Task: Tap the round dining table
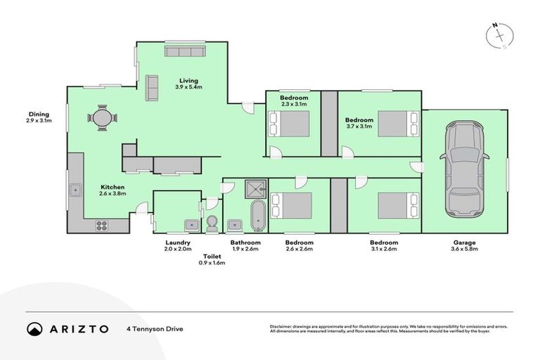tap(103, 117)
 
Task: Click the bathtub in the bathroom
tap(257, 216)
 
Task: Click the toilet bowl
tap(212, 223)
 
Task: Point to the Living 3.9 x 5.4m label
tap(188, 84)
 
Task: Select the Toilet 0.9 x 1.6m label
tap(211, 259)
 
